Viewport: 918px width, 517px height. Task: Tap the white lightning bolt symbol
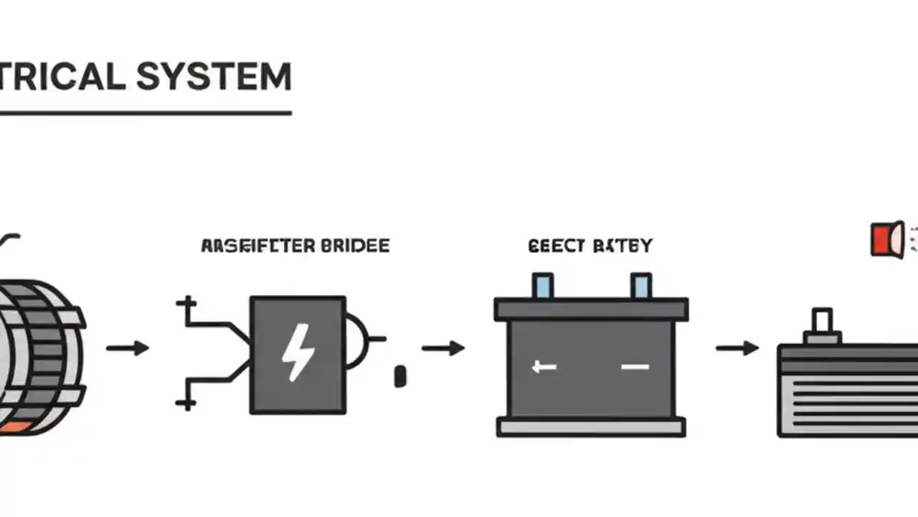pos(297,352)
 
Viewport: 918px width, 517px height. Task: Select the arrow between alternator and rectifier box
pos(128,348)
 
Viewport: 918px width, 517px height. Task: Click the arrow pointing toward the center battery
pos(443,348)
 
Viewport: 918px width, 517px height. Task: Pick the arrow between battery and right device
pos(737,348)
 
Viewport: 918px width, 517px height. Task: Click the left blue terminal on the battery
pos(543,286)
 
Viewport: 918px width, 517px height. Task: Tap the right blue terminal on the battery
pos(640,286)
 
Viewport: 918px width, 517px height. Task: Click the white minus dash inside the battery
pos(635,367)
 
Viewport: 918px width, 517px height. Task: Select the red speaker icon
pos(886,239)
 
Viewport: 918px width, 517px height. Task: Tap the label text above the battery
pos(590,246)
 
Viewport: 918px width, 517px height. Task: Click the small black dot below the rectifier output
pos(400,376)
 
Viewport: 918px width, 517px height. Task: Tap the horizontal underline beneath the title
pos(143,113)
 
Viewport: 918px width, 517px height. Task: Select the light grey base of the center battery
pos(591,428)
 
